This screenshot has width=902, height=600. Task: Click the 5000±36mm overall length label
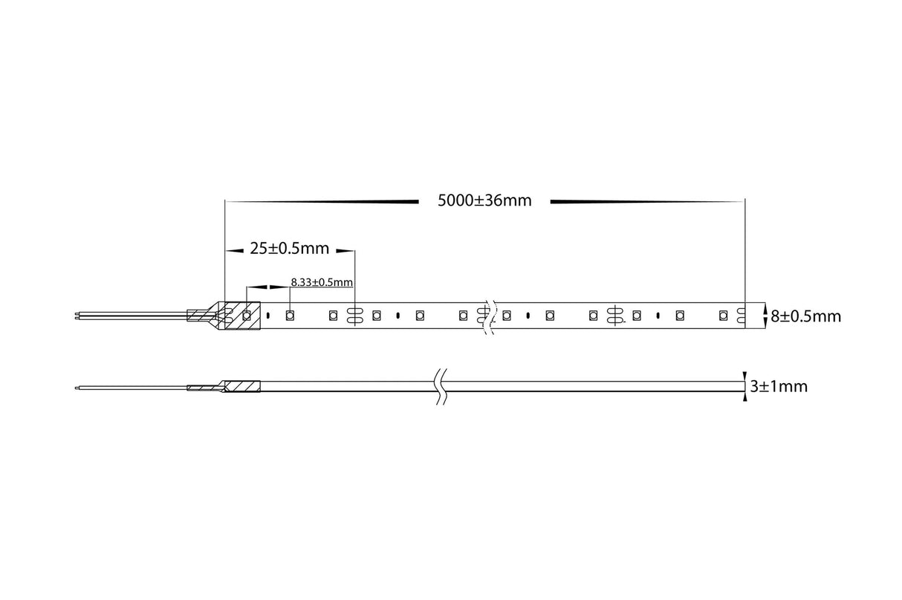(x=484, y=200)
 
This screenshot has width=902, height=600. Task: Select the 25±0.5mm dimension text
(x=289, y=250)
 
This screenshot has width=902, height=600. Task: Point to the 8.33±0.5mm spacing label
(x=321, y=282)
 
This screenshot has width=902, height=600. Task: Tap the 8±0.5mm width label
(x=805, y=316)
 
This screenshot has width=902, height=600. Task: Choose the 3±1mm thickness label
(x=779, y=386)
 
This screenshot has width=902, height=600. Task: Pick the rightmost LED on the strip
(x=723, y=316)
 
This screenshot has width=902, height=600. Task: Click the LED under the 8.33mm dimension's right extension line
(x=290, y=315)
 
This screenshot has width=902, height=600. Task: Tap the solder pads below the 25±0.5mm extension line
(x=354, y=316)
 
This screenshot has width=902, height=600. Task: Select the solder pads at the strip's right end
(x=742, y=316)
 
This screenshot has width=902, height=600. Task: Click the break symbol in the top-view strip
(x=488, y=316)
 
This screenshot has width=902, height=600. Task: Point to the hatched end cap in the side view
(x=241, y=387)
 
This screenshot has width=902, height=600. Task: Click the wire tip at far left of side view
(x=78, y=387)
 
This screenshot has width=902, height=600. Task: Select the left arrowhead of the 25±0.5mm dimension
(x=235, y=252)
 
